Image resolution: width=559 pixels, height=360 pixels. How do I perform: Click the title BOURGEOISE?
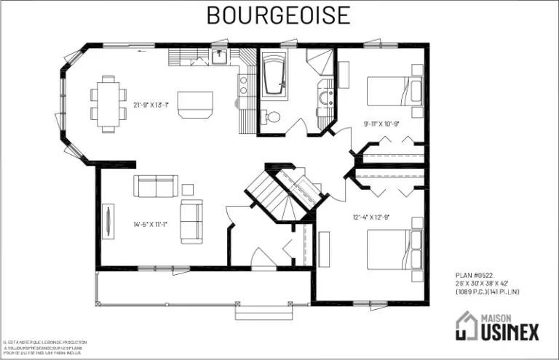pyautogui.click(x=278, y=15)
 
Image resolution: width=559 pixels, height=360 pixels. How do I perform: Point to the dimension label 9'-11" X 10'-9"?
pyautogui.click(x=382, y=124)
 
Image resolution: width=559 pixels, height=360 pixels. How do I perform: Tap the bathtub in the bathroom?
pyautogui.click(x=276, y=75)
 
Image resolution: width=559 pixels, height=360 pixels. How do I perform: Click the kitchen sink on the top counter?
pyautogui.click(x=219, y=55)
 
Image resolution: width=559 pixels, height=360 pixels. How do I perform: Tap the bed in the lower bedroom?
pyautogui.click(x=394, y=249)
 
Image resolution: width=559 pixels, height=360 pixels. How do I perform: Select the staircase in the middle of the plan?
pyautogui.click(x=284, y=193)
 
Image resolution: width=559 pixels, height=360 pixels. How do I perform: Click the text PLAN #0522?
pyautogui.click(x=475, y=276)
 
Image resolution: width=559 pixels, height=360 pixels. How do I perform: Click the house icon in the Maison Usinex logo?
pyautogui.click(x=465, y=325)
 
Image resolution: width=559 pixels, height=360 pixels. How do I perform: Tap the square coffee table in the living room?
pyautogui.click(x=187, y=190)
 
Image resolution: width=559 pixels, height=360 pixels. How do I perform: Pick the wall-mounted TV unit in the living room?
pyautogui.click(x=108, y=223)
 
